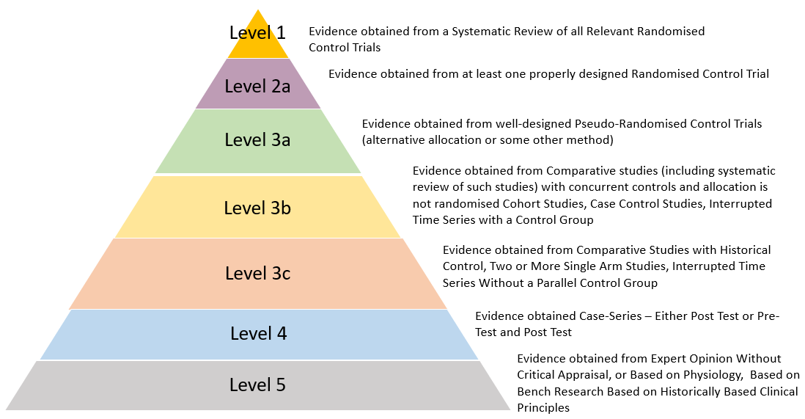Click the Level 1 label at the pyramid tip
(257, 32)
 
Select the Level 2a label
(257, 86)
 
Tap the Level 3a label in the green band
(257, 139)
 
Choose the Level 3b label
(257, 208)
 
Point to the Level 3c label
(257, 274)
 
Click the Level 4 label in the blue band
(258, 333)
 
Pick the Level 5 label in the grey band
(257, 385)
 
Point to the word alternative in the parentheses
(394, 139)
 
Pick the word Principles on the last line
(543, 407)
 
